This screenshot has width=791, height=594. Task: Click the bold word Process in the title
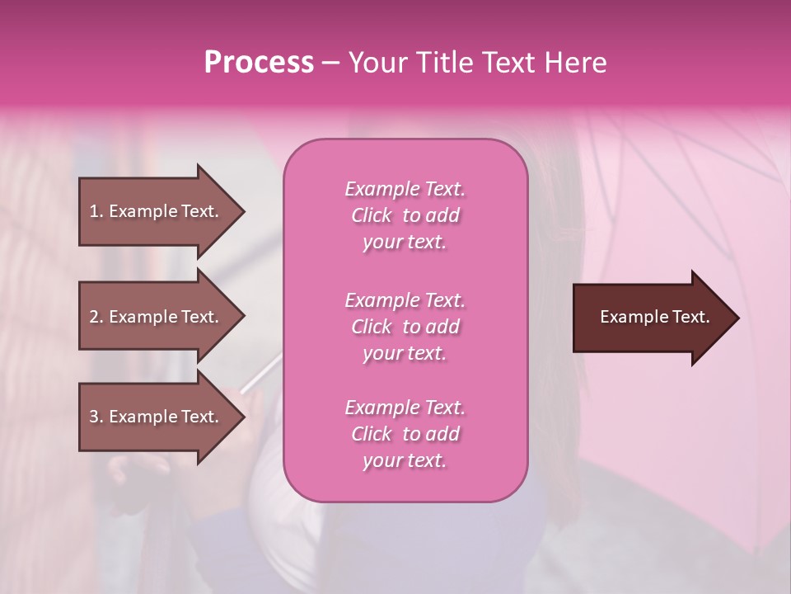click(259, 63)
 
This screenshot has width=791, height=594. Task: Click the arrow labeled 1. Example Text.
click(157, 211)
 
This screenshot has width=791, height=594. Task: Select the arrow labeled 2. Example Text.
click(157, 317)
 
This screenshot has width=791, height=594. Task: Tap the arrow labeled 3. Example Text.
click(157, 417)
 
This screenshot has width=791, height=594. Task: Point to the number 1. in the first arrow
click(96, 211)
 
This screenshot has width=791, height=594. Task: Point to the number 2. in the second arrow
click(96, 317)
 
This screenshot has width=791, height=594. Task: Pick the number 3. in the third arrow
click(96, 417)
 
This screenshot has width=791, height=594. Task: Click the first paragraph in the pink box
click(405, 215)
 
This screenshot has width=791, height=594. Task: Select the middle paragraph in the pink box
click(405, 327)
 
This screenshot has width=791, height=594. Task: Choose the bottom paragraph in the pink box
click(405, 434)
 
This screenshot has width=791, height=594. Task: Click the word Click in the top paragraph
click(372, 215)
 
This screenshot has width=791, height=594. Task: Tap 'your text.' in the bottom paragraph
click(405, 461)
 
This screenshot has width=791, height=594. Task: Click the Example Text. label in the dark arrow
click(654, 317)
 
